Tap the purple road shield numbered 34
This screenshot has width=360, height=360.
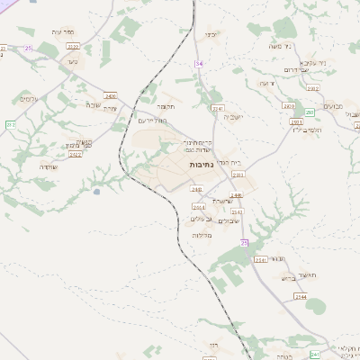click(x=199, y=63)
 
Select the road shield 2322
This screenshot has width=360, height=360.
click(x=73, y=47)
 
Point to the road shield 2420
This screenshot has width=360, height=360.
click(x=111, y=94)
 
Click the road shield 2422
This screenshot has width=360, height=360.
click(x=76, y=154)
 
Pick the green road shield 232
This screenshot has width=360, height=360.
click(x=11, y=124)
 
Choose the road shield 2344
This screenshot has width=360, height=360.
click(x=301, y=295)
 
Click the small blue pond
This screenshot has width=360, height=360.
click(x=96, y=191)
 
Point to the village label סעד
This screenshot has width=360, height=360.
click(x=72, y=61)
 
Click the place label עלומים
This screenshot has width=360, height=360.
click(x=29, y=98)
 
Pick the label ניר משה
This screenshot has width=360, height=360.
click(x=268, y=46)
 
